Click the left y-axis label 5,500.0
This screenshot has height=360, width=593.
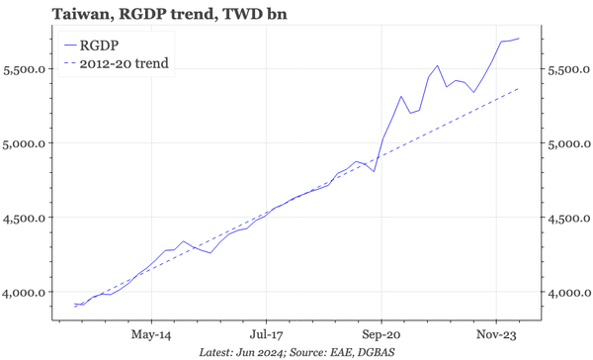(27, 69)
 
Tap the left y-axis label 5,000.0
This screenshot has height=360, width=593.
(27, 143)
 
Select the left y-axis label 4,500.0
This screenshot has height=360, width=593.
(27, 218)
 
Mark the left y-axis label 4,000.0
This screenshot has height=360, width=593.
(27, 292)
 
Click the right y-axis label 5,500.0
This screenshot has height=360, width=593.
(567, 69)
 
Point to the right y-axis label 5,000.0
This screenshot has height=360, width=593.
(567, 143)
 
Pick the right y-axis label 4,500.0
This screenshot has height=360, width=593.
(567, 218)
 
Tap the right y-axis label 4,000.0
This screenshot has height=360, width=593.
(567, 292)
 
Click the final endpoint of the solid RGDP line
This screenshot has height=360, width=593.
(519, 39)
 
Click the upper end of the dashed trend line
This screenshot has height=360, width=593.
(519, 89)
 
